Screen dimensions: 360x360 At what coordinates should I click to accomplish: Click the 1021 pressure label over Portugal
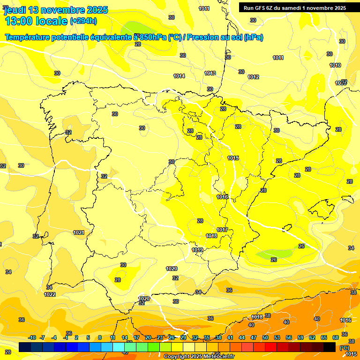point(79,232)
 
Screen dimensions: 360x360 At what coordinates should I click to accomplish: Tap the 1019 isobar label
point(197,250)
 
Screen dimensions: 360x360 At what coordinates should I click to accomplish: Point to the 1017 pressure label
point(222,230)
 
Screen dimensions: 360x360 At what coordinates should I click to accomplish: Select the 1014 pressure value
point(179,76)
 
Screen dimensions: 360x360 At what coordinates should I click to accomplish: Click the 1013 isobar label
point(210,73)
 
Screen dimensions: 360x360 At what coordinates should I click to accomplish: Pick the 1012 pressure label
point(253,77)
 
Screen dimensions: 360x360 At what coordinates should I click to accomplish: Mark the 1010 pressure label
point(335,65)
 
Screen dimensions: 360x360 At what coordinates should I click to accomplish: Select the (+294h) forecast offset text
point(83,21)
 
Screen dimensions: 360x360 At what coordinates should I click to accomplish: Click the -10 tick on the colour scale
point(32,337)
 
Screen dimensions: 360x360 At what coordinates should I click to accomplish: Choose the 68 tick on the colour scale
point(335,337)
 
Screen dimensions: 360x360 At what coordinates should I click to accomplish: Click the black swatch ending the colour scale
point(330,347)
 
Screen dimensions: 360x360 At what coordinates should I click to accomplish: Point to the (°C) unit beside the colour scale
point(344,347)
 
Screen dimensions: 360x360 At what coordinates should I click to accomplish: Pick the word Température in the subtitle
point(29,37)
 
